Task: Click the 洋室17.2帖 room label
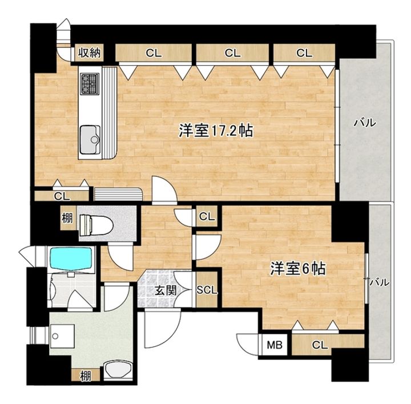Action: pyautogui.click(x=216, y=130)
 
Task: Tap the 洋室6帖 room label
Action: pyautogui.click(x=299, y=268)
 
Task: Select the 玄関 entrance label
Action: pyautogui.click(x=166, y=290)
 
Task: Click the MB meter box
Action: pyautogui.click(x=275, y=345)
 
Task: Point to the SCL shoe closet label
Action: pyautogui.click(x=207, y=290)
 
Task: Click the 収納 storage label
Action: pyautogui.click(x=90, y=53)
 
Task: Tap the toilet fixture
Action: pyautogui.click(x=96, y=224)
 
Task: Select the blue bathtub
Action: pyautogui.click(x=71, y=258)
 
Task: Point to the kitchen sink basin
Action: pyautogui.click(x=90, y=140)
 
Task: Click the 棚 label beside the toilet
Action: pyautogui.click(x=67, y=218)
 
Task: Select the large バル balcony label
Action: pyautogui.click(x=365, y=123)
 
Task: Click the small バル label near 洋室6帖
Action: pyautogui.click(x=379, y=282)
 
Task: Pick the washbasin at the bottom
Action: pyautogui.click(x=118, y=370)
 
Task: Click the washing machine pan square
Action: pyautogui.click(x=62, y=336)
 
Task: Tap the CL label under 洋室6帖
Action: pyautogui.click(x=320, y=345)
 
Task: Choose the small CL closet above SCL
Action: pyautogui.click(x=207, y=216)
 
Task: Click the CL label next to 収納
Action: pyautogui.click(x=154, y=53)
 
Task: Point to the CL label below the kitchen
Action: pyautogui.click(x=62, y=196)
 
